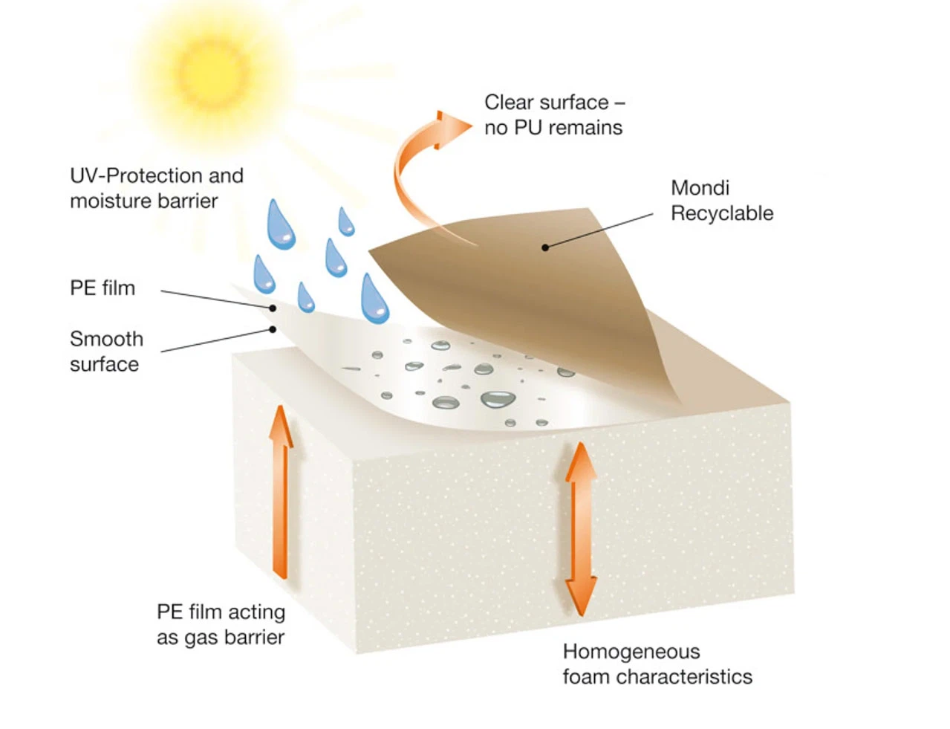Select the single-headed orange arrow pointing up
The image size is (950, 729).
click(x=280, y=490)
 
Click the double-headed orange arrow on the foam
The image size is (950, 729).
click(x=581, y=528)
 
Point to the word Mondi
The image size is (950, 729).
click(x=700, y=188)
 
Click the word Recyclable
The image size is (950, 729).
click(x=722, y=213)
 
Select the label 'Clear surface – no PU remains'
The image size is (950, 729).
click(x=554, y=114)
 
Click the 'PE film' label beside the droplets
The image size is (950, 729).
click(x=103, y=288)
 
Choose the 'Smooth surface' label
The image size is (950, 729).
click(x=106, y=351)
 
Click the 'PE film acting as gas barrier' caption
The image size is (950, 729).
click(x=221, y=624)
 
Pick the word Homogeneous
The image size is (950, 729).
click(x=631, y=652)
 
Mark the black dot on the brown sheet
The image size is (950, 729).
click(x=545, y=247)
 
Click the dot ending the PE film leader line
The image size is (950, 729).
click(x=273, y=308)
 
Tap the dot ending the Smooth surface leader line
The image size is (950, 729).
click(x=273, y=329)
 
